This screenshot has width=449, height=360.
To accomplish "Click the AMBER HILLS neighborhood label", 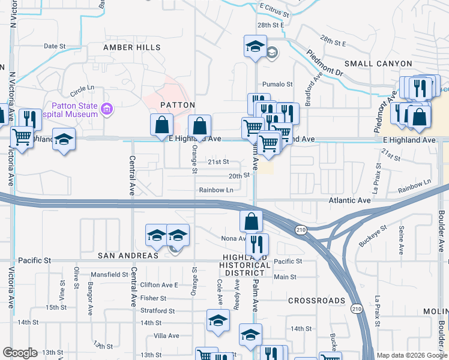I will click(x=131, y=47).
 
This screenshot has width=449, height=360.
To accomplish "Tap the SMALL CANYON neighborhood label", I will click(x=378, y=64).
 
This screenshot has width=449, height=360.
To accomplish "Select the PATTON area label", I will click(x=177, y=105).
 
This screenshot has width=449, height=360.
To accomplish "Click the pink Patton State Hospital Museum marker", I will click(x=107, y=109).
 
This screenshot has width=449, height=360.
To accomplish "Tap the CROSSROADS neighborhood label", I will click(x=316, y=300).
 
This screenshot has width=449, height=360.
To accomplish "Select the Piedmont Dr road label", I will click(x=325, y=63).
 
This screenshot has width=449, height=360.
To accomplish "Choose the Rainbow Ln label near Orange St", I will click(x=216, y=190).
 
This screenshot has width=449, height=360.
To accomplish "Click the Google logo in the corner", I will click(x=20, y=353).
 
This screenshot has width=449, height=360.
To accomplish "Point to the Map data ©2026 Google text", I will click(x=411, y=355).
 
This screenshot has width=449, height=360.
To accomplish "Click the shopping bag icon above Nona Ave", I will click(x=251, y=221).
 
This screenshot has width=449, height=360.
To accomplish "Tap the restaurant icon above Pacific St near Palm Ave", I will click(x=257, y=244).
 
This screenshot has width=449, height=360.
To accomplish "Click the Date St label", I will click(x=54, y=46).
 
